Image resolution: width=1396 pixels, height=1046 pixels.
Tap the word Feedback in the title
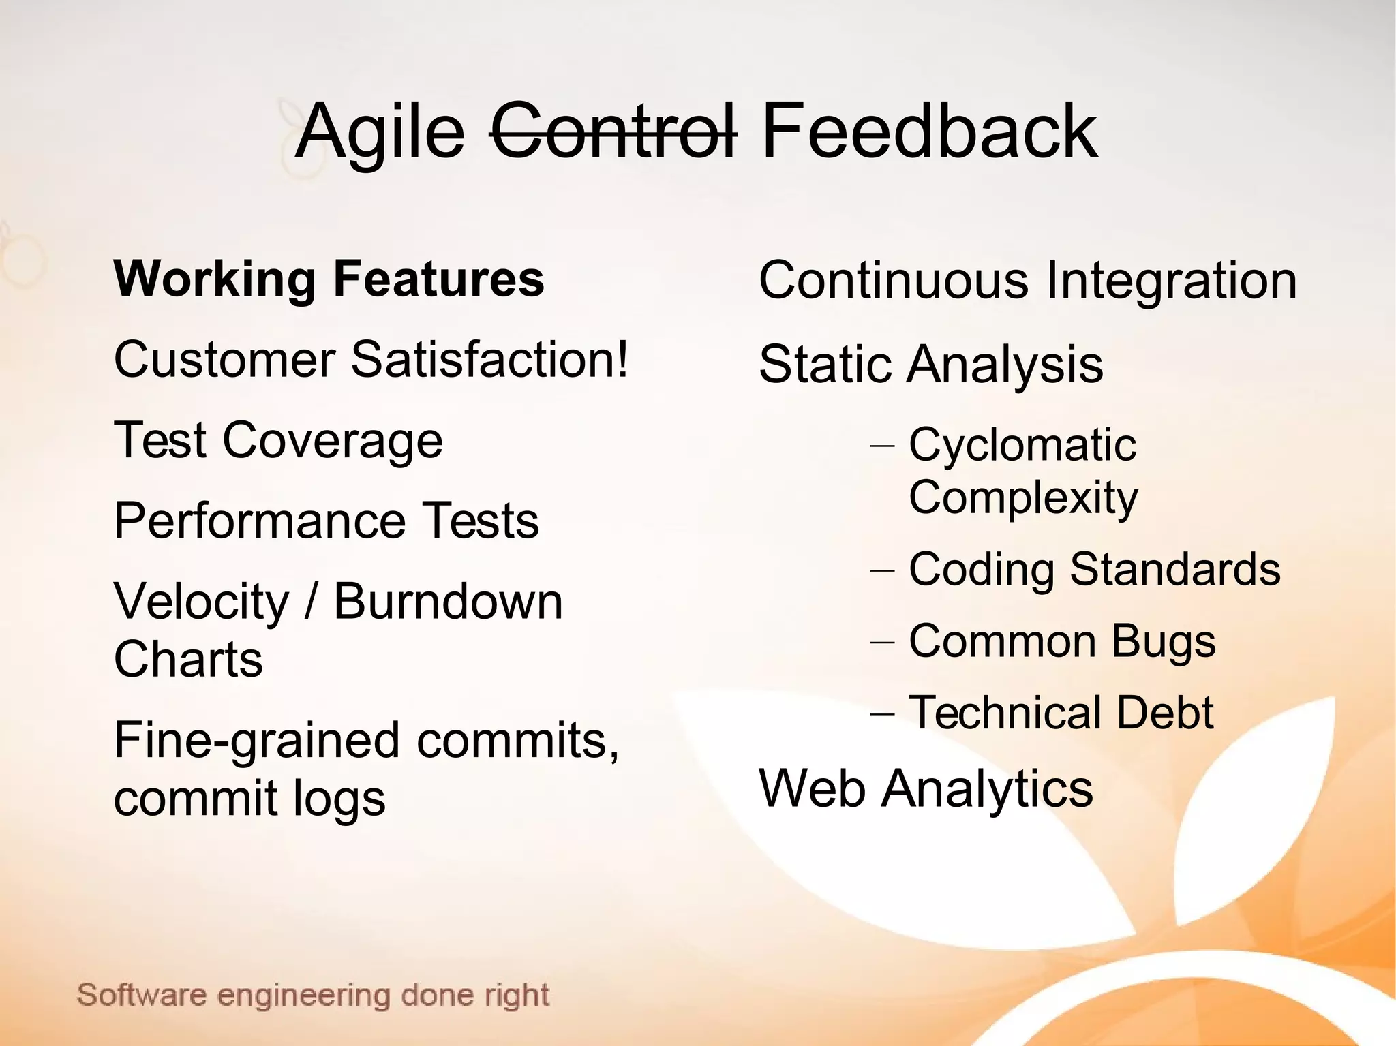[928, 131]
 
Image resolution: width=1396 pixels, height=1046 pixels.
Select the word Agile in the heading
[380, 133]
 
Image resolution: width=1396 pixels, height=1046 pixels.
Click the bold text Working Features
[329, 279]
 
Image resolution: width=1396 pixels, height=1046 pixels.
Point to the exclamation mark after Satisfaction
[620, 360]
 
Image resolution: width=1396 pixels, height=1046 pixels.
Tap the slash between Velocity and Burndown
[312, 602]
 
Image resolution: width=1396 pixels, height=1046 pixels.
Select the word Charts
[188, 660]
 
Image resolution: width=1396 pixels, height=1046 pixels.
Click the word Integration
[1170, 281]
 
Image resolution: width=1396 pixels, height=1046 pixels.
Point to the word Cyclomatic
[1022, 445]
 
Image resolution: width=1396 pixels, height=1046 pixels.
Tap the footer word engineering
[305, 996]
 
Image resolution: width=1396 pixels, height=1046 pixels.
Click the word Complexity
[1023, 498]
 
